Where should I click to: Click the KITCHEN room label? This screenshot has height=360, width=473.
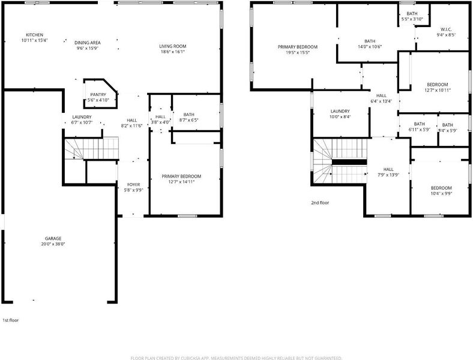(34, 35)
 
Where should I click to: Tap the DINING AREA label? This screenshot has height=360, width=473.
(88, 43)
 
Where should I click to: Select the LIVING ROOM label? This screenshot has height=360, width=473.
(172, 46)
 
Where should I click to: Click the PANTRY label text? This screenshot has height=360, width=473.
(98, 95)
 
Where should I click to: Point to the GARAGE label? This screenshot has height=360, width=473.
(53, 238)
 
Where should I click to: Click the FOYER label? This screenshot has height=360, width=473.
(133, 185)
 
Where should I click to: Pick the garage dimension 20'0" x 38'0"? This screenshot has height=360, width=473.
(53, 244)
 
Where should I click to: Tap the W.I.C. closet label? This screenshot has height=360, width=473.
(446, 29)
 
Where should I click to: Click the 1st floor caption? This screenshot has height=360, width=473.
(11, 320)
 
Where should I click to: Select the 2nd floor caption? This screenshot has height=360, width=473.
(320, 203)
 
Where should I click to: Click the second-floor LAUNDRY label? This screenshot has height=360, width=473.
(340, 111)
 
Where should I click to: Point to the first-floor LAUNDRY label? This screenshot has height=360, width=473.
(82, 117)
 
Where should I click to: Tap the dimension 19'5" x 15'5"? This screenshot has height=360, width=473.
(298, 52)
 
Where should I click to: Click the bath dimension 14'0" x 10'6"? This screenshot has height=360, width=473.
(370, 47)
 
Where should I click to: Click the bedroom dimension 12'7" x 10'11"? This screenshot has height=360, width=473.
(438, 90)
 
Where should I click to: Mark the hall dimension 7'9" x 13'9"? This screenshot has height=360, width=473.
(388, 175)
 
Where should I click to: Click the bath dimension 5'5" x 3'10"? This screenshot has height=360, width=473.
(412, 19)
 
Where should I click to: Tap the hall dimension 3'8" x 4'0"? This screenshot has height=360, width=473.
(160, 122)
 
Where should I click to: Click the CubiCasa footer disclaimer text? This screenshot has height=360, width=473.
(236, 358)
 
